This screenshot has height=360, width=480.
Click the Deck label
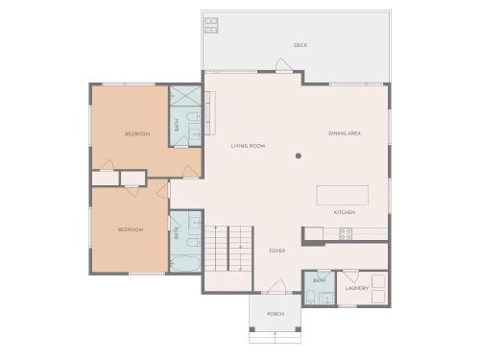click(x=300, y=45)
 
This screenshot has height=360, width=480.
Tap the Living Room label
click(x=248, y=146)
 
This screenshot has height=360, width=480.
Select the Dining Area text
click(x=345, y=133)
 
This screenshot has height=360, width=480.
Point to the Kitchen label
click(x=345, y=212)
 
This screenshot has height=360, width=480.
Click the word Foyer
click(x=277, y=251)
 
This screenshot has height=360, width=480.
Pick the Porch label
click(x=276, y=314)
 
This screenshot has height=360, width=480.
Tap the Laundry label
click(x=357, y=288)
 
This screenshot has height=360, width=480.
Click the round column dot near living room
click(x=299, y=156)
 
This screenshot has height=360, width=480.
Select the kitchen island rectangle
click(x=342, y=195)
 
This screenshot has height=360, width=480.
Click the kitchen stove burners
click(x=346, y=234)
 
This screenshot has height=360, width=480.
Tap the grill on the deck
click(x=211, y=26)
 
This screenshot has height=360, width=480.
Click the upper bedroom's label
click(x=137, y=133)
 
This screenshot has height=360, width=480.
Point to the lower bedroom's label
click(x=131, y=229)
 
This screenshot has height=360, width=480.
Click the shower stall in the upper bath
click(x=185, y=96)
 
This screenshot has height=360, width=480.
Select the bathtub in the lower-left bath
click(x=185, y=263)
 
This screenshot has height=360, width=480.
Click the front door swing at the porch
click(x=276, y=286)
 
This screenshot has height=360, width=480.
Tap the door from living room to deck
click(x=284, y=64)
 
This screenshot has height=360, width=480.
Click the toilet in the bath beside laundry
click(x=310, y=297)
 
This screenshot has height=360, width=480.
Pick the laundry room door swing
click(x=351, y=276)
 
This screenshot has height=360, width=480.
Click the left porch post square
click(x=252, y=329)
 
